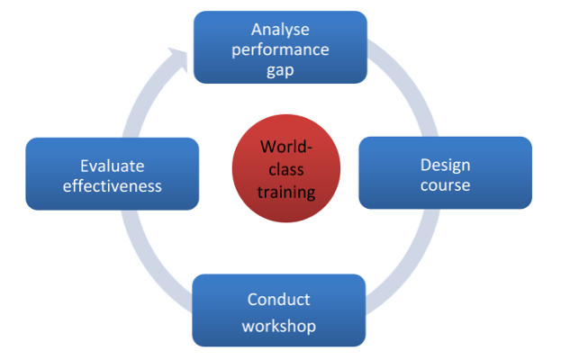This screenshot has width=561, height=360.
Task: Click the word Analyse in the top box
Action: coord(280,28)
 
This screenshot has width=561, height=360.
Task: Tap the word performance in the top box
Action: coord(280,49)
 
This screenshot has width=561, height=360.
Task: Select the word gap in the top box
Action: coord(280,69)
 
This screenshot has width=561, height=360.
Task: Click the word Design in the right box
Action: coord(445,165)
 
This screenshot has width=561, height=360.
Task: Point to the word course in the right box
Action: coord(445,185)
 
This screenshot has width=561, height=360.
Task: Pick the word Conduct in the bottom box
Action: coord(278,301)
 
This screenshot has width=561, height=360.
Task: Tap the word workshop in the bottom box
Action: coord(278,324)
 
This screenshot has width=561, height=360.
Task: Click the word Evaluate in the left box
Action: coord(112,166)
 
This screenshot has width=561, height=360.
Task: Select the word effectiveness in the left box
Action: coord(112,186)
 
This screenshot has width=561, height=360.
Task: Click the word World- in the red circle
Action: coord(287,147)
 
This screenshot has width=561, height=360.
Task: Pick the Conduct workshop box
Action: coord(216,310)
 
